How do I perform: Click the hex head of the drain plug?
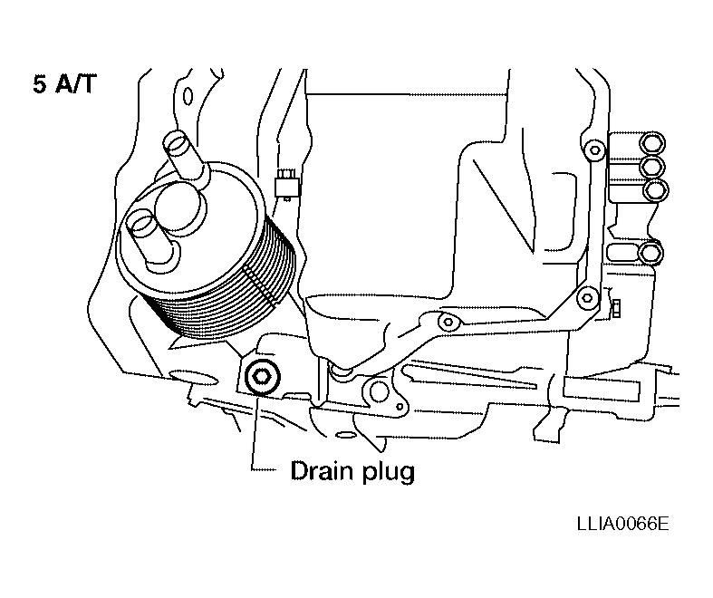coord(263,377)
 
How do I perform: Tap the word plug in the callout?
coord(389,472)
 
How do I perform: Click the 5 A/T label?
coord(64,84)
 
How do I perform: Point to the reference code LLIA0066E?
coord(623,524)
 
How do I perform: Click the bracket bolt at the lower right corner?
coord(587,298)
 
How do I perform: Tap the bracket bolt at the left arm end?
coord(448,323)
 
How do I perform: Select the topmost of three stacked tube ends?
coord(652,142)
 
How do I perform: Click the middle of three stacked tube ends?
coord(652,166)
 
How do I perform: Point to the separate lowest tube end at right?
coord(651,253)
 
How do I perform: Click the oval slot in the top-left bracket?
coord(188,96)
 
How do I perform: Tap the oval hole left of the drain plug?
coord(193,375)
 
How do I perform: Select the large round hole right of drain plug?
coord(379,391)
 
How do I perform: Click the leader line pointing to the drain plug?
coord(255,432)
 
